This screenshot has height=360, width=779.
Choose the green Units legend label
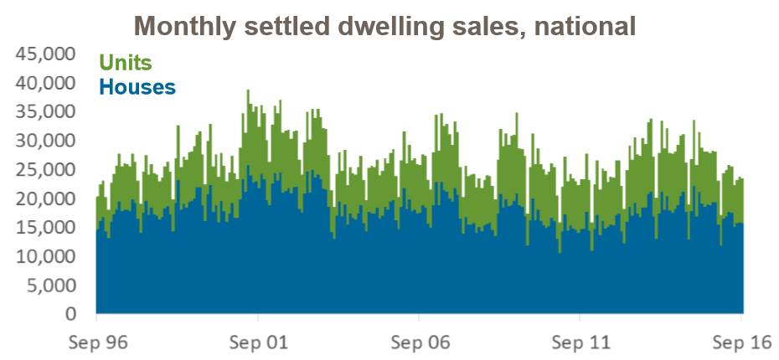pos(126,62)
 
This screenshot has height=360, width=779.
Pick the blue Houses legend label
pos(137,85)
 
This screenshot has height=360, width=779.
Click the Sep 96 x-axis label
pos(96,342)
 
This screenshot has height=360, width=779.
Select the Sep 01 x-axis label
pos(257,342)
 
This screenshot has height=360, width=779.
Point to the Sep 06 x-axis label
pos(419,342)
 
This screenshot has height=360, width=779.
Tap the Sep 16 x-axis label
pos(740,342)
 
